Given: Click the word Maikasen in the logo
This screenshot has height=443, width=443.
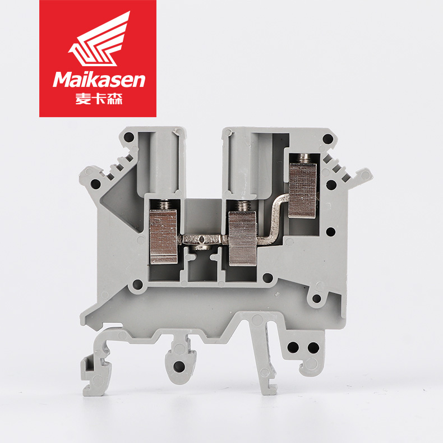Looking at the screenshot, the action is (x=99, y=80).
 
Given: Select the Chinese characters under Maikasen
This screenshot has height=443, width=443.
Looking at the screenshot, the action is (x=99, y=99).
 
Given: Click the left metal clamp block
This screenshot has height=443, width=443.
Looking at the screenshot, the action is (x=164, y=237).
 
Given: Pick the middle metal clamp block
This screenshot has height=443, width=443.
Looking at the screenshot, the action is (x=242, y=238).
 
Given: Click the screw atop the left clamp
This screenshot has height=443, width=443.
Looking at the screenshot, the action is (x=164, y=205).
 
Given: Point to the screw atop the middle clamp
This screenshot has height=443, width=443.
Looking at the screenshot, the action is (x=243, y=206).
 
